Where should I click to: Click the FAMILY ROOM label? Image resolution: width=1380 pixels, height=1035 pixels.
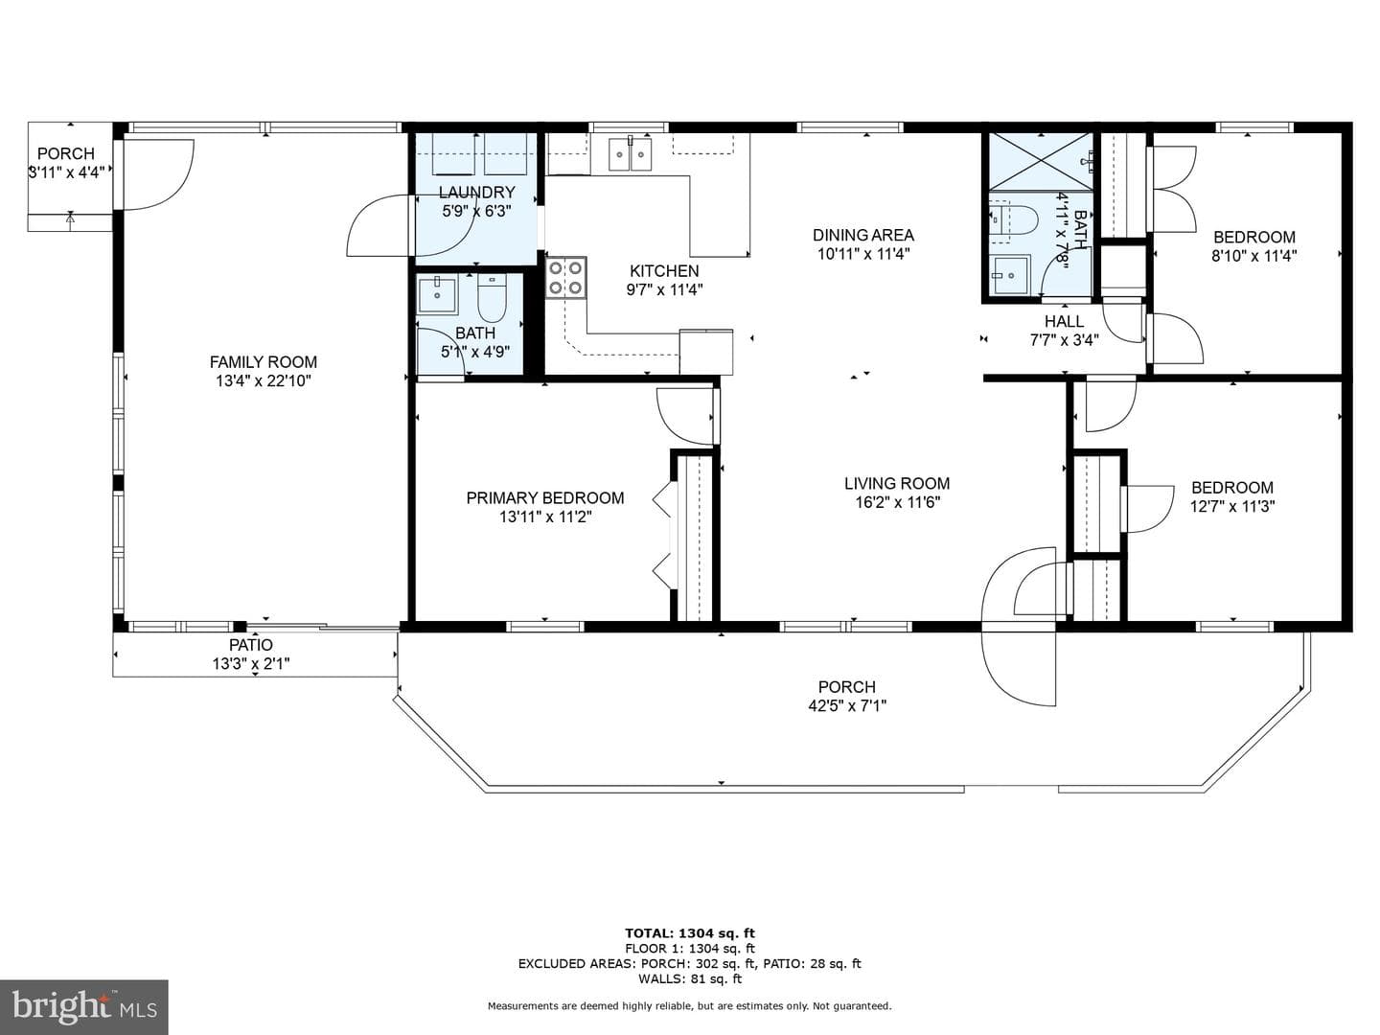264,362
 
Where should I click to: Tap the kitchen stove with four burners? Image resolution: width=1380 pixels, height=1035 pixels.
565,278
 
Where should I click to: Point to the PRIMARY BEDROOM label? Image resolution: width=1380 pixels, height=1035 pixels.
545,497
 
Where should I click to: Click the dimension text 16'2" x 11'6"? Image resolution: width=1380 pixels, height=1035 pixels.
897,502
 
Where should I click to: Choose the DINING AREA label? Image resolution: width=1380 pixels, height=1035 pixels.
863,235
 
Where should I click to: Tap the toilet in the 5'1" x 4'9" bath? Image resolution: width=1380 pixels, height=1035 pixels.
492,297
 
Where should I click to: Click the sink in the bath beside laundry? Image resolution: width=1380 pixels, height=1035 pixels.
437,295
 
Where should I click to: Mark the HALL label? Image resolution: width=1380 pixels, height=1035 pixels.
1064,321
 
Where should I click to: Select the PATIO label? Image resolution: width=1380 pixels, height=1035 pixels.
251,645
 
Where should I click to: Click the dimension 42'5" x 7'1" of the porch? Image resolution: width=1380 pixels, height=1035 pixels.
847,705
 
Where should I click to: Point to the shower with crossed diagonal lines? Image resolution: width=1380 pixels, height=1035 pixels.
1041,161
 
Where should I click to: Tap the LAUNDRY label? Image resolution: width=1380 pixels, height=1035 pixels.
477,193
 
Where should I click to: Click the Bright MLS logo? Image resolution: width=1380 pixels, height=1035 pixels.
84,1007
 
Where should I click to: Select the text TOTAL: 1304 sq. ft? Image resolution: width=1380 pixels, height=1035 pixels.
690,933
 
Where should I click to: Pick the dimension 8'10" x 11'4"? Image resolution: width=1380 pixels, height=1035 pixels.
1254,256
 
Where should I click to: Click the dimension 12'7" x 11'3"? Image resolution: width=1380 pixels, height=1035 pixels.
1232,506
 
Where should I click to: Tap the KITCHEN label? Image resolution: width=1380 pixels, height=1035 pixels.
664,271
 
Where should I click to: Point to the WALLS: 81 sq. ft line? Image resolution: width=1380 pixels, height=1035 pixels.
690,978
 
